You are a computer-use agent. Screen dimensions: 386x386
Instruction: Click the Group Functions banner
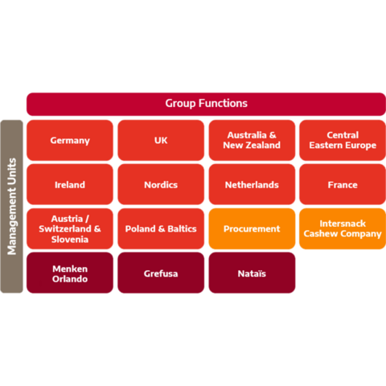[206, 105]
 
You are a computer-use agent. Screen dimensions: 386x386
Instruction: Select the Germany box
[70, 140]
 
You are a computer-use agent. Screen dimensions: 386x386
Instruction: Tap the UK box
[161, 140]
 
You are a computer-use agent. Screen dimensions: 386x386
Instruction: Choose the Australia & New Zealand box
[252, 140]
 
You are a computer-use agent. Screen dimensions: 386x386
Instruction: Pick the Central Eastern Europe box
[343, 140]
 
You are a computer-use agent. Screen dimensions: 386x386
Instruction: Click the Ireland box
[70, 184]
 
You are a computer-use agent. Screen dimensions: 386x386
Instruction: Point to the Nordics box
[161, 184]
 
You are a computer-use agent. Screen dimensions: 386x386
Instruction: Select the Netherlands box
[252, 184]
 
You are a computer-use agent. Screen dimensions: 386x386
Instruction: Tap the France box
[343, 184]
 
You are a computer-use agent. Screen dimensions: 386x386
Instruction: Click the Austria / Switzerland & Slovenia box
[70, 228]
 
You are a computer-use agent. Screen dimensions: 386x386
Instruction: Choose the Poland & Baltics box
[161, 228]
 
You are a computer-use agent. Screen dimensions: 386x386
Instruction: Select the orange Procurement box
[252, 228]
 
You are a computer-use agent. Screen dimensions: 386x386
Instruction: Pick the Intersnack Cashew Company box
[343, 228]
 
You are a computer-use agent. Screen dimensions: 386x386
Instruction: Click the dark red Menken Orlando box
[70, 273]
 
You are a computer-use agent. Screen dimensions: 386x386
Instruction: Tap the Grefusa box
[161, 273]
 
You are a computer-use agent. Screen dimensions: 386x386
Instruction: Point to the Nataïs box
[252, 273]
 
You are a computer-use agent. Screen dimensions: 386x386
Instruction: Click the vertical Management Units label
[12, 207]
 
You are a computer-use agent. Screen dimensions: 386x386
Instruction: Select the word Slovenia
[70, 240]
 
